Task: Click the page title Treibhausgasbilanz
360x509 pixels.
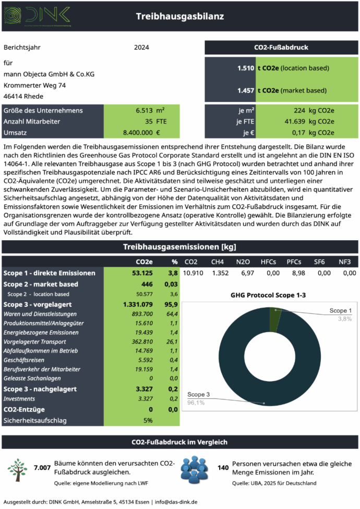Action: (x=179, y=16)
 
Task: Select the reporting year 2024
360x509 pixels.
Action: (x=141, y=48)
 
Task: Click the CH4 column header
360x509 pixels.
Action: (x=218, y=261)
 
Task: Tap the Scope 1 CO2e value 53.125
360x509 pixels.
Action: (x=141, y=273)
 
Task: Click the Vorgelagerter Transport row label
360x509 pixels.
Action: (x=34, y=342)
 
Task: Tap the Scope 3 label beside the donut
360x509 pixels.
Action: (x=199, y=394)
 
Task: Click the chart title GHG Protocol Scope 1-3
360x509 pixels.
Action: (x=268, y=295)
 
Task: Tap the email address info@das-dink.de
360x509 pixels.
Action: (x=176, y=502)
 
